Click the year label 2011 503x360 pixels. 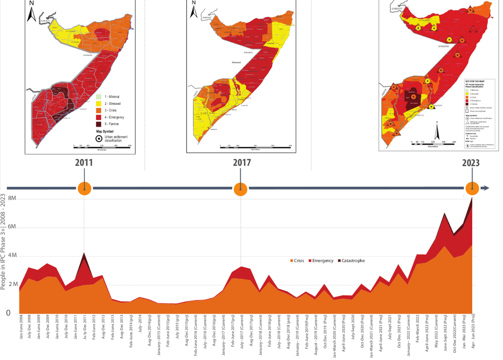coord(84,163)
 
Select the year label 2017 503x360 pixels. coord(242,163)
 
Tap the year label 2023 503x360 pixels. coord(471,163)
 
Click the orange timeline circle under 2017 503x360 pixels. coord(240,189)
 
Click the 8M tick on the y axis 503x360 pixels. coord(11,198)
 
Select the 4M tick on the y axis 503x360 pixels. coord(11,256)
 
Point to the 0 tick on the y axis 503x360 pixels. coord(8,313)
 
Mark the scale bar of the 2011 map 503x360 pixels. coord(102,146)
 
